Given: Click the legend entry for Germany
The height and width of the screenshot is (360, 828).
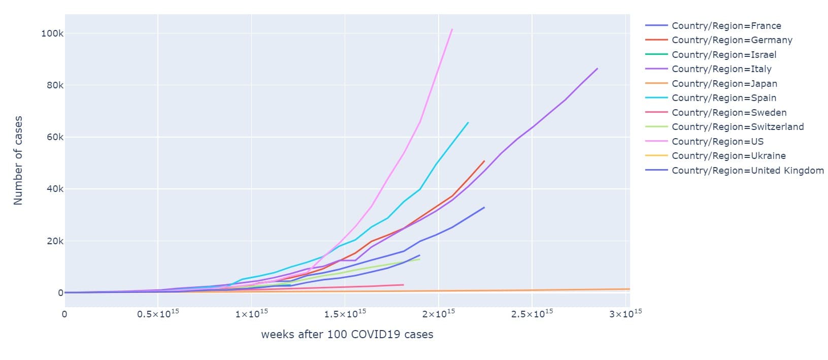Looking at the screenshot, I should (x=732, y=40).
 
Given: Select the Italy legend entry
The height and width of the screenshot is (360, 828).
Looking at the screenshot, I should (x=721, y=69).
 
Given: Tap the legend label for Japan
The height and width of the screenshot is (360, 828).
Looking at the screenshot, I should (x=724, y=84).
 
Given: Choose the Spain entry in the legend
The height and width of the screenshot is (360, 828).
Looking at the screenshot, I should (x=723, y=98).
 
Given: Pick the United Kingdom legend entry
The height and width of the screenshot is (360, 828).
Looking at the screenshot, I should (x=747, y=171).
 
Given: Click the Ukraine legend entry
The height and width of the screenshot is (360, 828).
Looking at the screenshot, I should (x=728, y=156).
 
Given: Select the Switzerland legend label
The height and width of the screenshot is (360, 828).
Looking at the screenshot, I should (x=737, y=127).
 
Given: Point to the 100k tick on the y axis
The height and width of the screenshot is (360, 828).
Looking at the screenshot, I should (x=52, y=34).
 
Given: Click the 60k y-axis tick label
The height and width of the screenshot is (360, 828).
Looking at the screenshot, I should (x=54, y=137).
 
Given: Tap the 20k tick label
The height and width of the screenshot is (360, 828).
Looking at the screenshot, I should (x=54, y=241).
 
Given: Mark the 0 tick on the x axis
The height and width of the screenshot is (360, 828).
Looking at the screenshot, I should (x=64, y=314).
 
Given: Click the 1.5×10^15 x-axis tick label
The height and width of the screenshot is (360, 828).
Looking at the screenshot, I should (x=345, y=314).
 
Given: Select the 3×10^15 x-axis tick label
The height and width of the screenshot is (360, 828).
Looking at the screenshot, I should (x=625, y=314).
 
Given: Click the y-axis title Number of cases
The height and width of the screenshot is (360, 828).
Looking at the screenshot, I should (x=18, y=160).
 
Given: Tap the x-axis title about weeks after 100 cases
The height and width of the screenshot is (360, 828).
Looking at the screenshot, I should (x=347, y=335).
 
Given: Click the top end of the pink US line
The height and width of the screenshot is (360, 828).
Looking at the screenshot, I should (x=452, y=29).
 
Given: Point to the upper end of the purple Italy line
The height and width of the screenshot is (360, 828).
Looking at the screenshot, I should (x=597, y=69).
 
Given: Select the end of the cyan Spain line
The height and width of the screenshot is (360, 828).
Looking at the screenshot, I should (x=468, y=122).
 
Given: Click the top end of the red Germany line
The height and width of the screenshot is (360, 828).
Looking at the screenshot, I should (x=484, y=161).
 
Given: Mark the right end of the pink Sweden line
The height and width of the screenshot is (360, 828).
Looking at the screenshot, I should (x=403, y=285).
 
